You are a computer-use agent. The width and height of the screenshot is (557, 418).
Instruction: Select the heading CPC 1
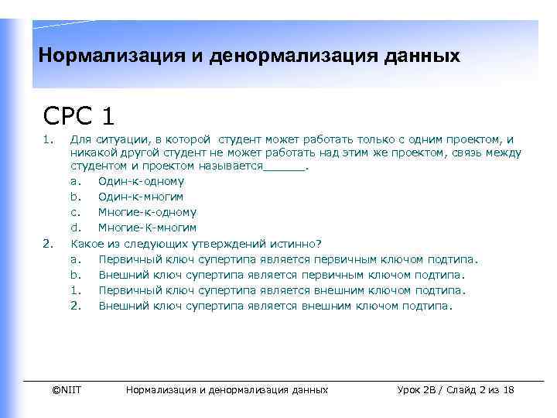(x=80, y=115)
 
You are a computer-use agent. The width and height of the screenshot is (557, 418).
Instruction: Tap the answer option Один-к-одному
(x=142, y=181)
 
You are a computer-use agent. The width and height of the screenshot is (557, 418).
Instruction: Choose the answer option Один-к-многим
(x=141, y=197)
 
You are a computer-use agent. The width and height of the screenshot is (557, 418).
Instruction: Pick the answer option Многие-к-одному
(x=147, y=212)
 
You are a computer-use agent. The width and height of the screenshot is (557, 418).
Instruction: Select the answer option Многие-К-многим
(x=147, y=228)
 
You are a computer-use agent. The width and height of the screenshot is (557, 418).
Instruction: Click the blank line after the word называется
(x=285, y=166)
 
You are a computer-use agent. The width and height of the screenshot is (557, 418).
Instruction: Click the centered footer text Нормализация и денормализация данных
(x=227, y=389)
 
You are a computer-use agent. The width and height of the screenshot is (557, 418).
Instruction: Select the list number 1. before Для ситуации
(x=48, y=139)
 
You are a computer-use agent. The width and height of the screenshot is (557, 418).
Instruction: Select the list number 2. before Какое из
(x=48, y=243)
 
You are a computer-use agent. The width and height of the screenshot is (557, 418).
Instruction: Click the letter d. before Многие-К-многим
(x=76, y=228)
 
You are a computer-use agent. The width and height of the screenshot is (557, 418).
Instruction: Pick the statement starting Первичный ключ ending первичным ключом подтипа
(x=289, y=259)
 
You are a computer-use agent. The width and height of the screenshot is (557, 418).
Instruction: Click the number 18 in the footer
(x=508, y=389)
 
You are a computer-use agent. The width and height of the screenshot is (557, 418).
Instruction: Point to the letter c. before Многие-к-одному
(x=76, y=212)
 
